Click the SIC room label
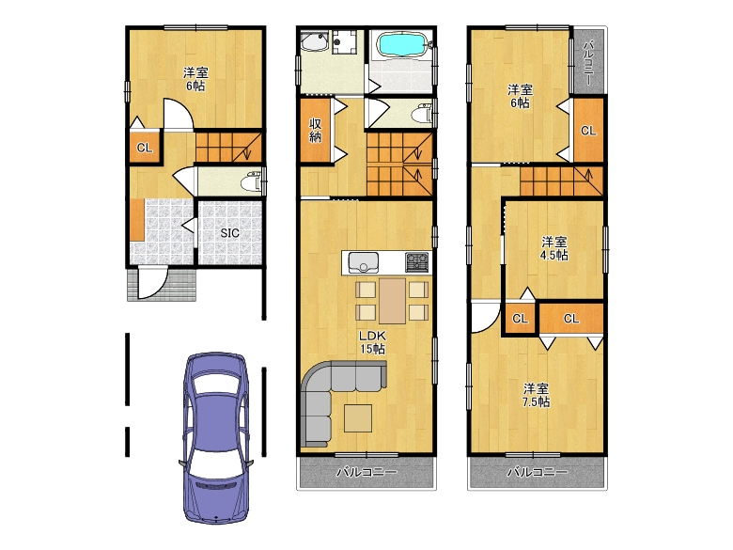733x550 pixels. click(x=229, y=233)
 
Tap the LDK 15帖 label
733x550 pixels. click(x=372, y=342)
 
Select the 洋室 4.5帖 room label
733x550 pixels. click(x=554, y=248)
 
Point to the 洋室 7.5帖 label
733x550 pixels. click(x=537, y=395)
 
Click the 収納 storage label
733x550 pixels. click(x=316, y=131)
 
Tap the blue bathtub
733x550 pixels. click(x=401, y=45)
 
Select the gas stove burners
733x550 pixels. click(x=417, y=262)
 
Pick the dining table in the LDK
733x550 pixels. click(x=392, y=301)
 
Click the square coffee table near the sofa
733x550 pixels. click(x=358, y=418)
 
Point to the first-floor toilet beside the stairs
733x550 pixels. click(x=252, y=181)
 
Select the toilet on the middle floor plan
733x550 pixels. click(x=422, y=113)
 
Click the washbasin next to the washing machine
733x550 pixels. click(x=315, y=42)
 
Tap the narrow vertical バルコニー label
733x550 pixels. click(x=588, y=63)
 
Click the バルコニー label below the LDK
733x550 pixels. click(x=366, y=472)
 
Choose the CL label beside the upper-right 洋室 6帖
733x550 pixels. click(x=588, y=131)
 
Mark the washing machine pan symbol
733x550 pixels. click(x=344, y=42)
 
